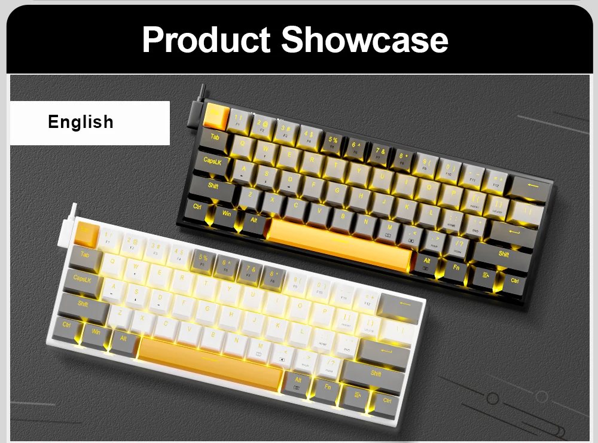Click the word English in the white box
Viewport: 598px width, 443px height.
pyautogui.click(x=81, y=122)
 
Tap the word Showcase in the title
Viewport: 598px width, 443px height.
pyautogui.click(x=365, y=39)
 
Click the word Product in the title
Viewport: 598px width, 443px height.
pyautogui.click(x=206, y=39)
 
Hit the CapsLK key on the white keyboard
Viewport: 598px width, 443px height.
pyautogui.click(x=83, y=279)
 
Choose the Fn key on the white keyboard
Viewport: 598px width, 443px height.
pyautogui.click(x=327, y=387)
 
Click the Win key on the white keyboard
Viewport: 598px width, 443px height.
pyautogui.click(x=96, y=333)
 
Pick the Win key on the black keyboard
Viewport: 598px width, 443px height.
pyautogui.click(x=227, y=213)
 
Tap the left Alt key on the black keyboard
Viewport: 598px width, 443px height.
pyautogui.click(x=254, y=221)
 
